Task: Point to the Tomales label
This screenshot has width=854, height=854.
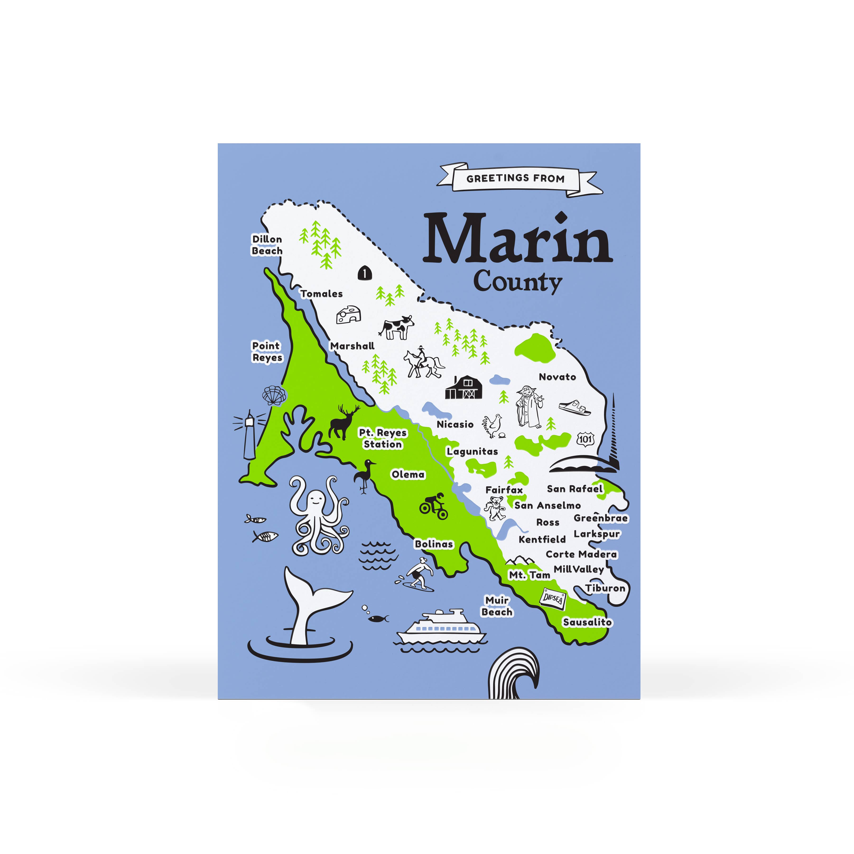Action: (321, 293)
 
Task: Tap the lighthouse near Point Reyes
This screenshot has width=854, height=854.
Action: (250, 435)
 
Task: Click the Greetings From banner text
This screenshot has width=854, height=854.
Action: (515, 179)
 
